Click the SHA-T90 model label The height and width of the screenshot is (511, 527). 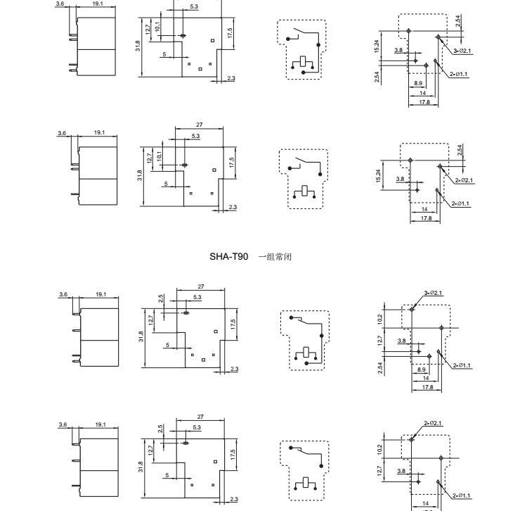[228, 256]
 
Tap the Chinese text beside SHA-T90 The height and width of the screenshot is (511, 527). [275, 256]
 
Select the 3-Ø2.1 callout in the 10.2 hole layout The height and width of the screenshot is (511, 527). [434, 293]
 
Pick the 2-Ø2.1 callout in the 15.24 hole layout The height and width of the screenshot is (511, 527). [464, 180]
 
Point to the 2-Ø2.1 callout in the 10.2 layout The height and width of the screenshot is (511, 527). [434, 423]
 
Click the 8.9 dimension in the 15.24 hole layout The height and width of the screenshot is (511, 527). [421, 83]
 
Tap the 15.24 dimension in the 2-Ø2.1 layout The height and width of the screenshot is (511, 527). [379, 175]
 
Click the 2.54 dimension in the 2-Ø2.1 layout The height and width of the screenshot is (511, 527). [459, 150]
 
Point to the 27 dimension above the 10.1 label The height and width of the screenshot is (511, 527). [200, 125]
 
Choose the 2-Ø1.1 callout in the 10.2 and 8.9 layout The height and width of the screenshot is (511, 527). [462, 365]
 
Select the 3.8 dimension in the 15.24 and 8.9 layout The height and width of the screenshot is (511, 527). [398, 50]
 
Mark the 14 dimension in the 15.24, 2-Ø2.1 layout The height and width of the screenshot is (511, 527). [424, 209]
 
